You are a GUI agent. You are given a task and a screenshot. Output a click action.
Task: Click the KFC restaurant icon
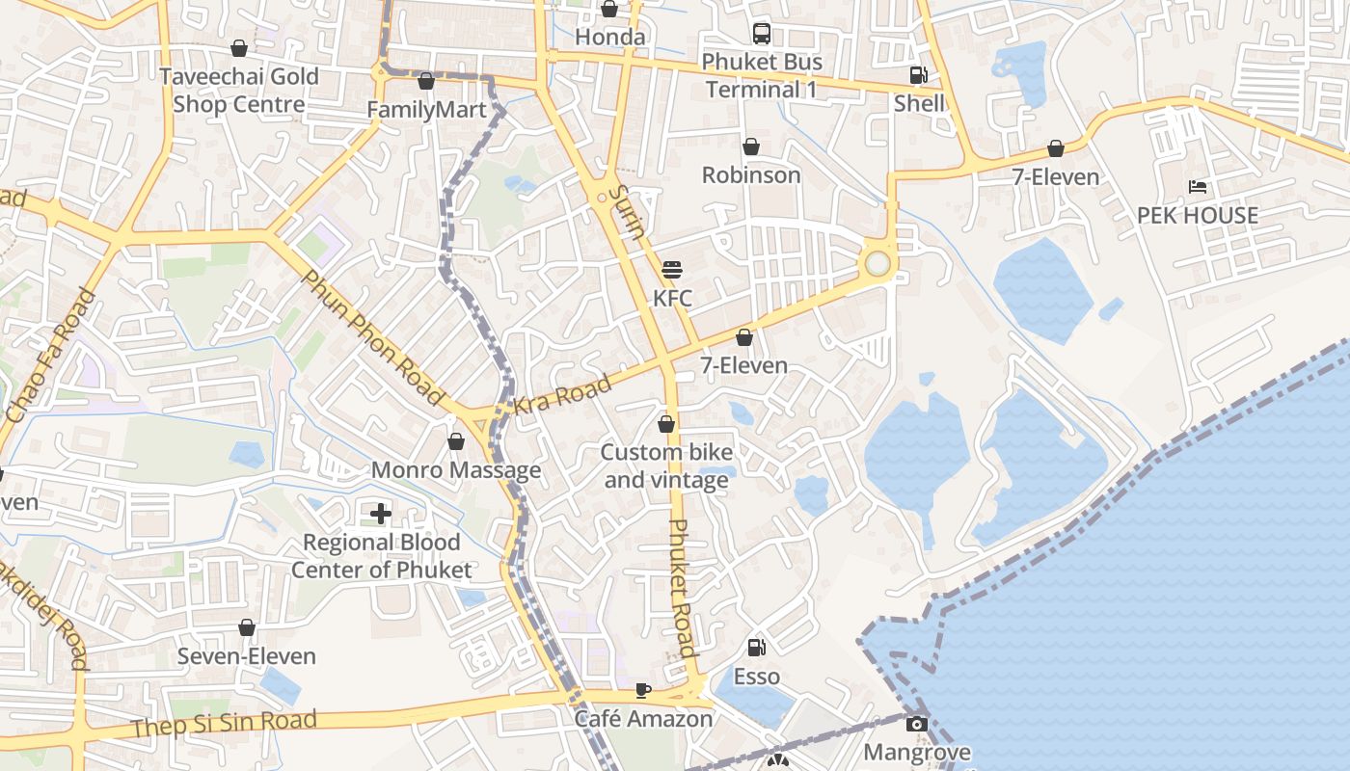pyautogui.click(x=672, y=269)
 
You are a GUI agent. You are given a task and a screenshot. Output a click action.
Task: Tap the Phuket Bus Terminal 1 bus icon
pyautogui.click(x=762, y=34)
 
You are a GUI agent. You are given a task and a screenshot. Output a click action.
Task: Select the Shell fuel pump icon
pyautogui.click(x=919, y=75)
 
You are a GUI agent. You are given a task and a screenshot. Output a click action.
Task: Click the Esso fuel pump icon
pyautogui.click(x=757, y=648)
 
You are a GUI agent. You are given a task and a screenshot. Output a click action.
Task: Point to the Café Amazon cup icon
pyautogui.click(x=643, y=690)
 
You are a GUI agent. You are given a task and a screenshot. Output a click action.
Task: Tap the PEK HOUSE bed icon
pyautogui.click(x=1198, y=187)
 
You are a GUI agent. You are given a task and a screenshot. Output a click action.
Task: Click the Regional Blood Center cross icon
pyautogui.click(x=381, y=513)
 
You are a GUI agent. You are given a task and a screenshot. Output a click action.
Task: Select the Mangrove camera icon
pyautogui.click(x=917, y=723)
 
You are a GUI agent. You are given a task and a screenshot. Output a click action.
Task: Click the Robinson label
pyautogui.click(x=751, y=175)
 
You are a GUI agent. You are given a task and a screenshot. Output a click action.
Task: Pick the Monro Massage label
pyautogui.click(x=456, y=470)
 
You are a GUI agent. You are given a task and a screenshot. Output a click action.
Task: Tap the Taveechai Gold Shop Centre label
pyautogui.click(x=239, y=91)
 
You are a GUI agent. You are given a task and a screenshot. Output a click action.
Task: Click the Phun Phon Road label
pyautogui.click(x=373, y=337)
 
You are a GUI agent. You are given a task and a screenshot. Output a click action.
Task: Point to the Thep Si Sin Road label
pyautogui.click(x=224, y=723)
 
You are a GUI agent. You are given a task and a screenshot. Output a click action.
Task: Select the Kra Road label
pyautogui.click(x=562, y=395)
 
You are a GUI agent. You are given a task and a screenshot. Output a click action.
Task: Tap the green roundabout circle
pyautogui.click(x=877, y=263)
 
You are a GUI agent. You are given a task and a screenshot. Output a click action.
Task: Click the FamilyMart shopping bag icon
pyautogui.click(x=426, y=81)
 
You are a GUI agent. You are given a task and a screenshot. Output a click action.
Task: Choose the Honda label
pyautogui.click(x=609, y=38)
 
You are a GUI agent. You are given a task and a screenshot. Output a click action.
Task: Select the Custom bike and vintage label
pyautogui.click(x=666, y=466)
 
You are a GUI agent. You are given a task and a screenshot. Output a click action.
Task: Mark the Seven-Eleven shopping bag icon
pyautogui.click(x=247, y=627)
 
